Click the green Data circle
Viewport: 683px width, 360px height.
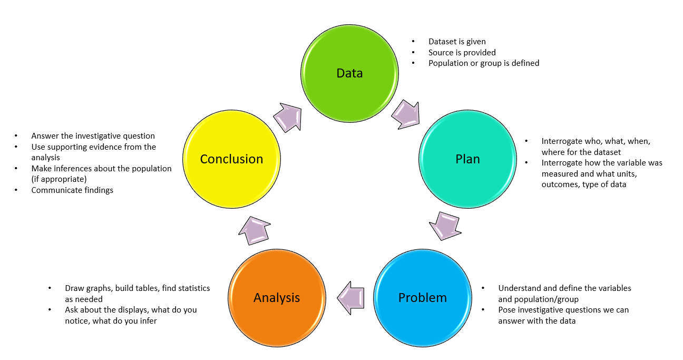coord(349,73)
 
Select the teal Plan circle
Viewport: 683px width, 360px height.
coord(467,159)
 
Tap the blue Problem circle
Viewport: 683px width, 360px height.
coord(422,297)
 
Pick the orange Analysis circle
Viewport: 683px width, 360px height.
coord(276,297)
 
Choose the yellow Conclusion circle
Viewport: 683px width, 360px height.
coord(231,159)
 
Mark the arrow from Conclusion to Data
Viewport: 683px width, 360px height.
coord(287,116)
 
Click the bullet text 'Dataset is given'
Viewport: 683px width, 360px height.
coord(457,42)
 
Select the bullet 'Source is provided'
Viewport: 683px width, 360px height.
coord(462,52)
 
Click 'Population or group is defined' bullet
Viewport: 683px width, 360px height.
coord(483,63)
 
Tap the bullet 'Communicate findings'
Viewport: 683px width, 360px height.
coord(72,190)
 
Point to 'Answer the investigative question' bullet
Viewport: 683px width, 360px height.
coord(93,136)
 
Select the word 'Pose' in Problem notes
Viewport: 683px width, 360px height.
coord(507,310)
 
